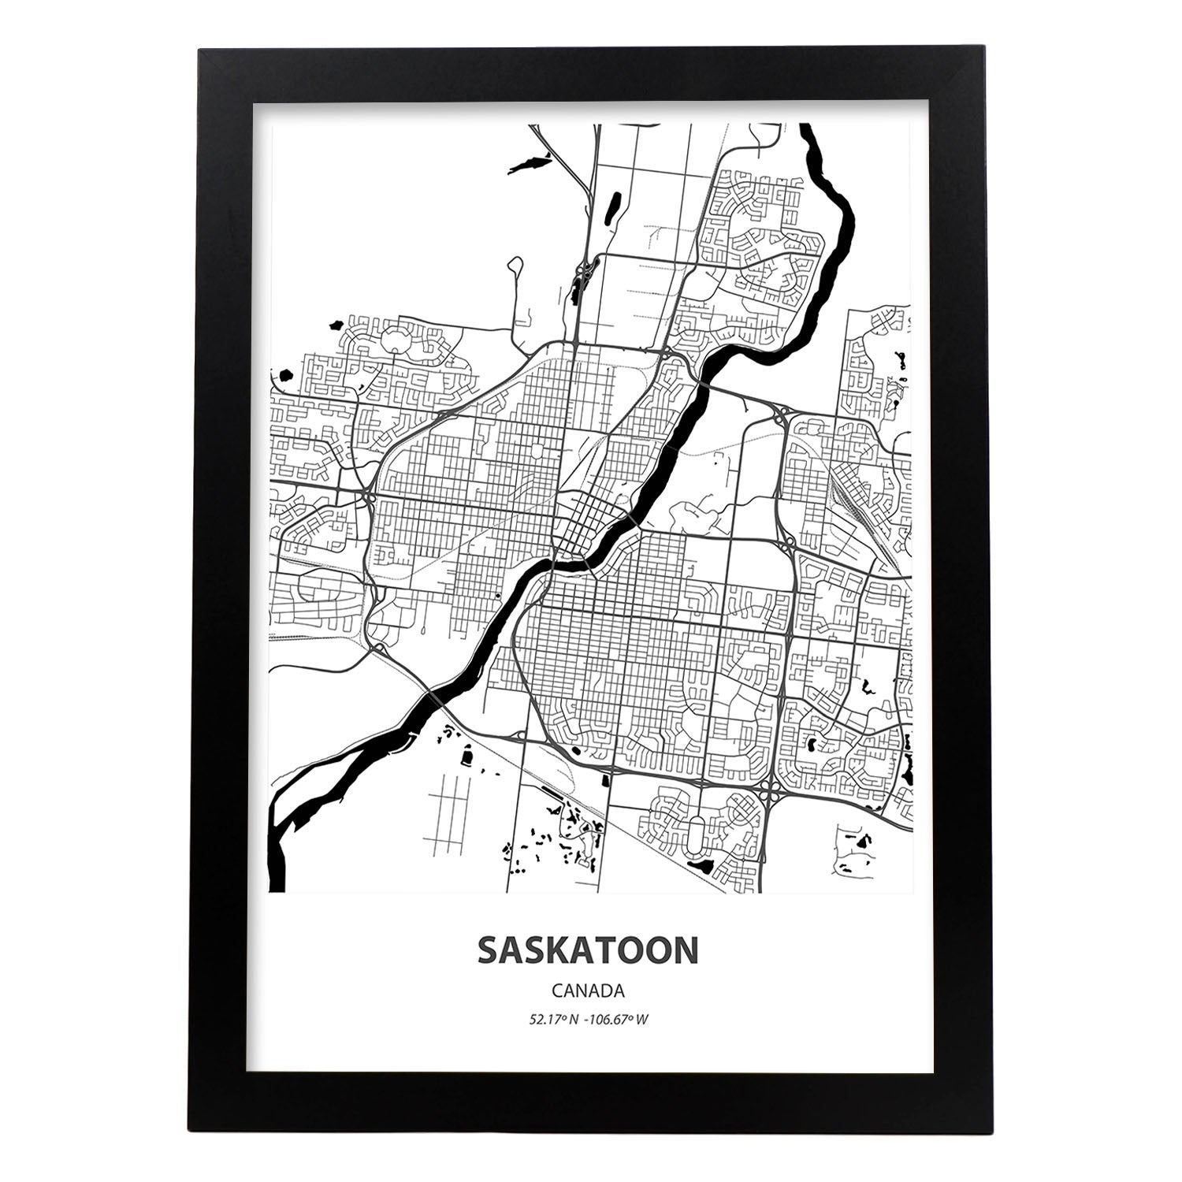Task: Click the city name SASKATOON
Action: pos(587,950)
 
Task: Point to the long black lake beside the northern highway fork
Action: pos(529,165)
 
